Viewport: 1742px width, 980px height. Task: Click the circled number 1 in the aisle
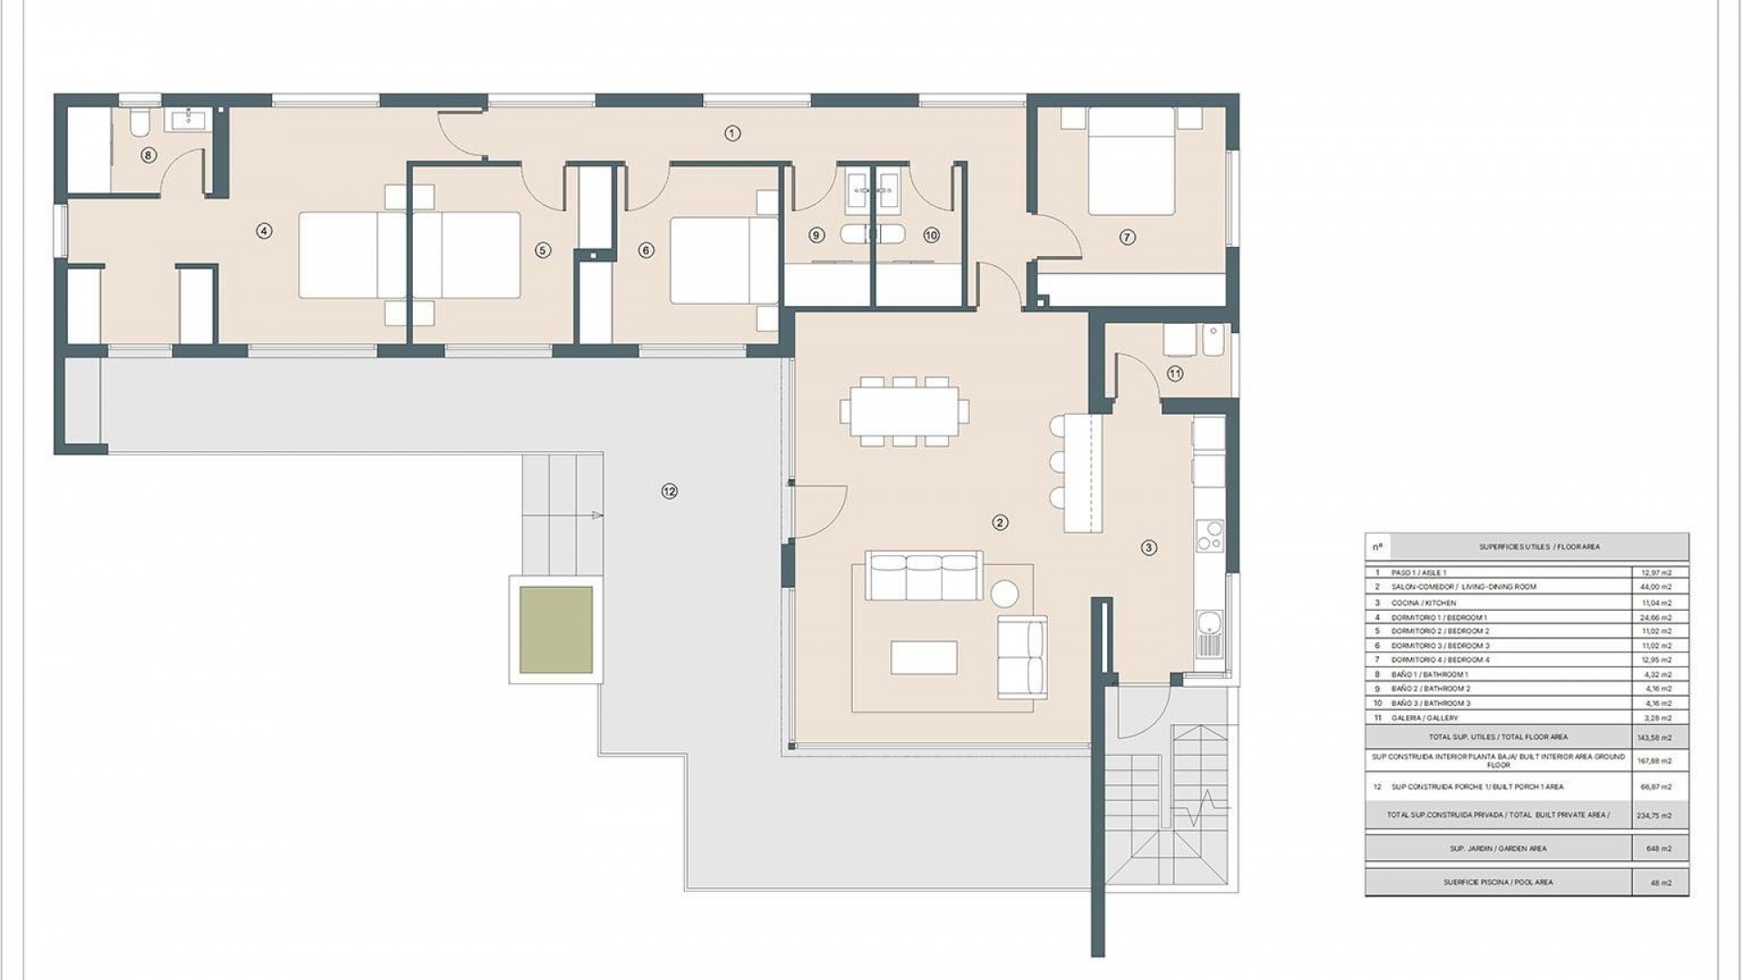pyautogui.click(x=732, y=133)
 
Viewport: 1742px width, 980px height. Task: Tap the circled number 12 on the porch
pyautogui.click(x=670, y=491)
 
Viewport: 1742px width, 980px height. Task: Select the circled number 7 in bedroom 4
pyautogui.click(x=1127, y=237)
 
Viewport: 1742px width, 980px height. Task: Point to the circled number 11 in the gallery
pyautogui.click(x=1175, y=373)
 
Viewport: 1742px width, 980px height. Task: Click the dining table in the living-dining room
pyautogui.click(x=904, y=411)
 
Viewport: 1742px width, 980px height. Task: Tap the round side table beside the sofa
pyautogui.click(x=1004, y=593)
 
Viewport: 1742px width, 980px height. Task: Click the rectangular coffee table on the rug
pyautogui.click(x=924, y=658)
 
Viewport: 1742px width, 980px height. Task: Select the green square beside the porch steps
pyautogui.click(x=556, y=630)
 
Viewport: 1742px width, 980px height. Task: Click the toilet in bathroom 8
pyautogui.click(x=141, y=123)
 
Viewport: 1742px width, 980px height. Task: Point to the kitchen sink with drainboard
pyautogui.click(x=1209, y=632)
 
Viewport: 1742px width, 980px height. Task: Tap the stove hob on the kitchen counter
pyautogui.click(x=1209, y=535)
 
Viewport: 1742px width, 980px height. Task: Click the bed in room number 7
pyautogui.click(x=1131, y=162)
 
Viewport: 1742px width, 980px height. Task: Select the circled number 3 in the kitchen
pyautogui.click(x=1149, y=547)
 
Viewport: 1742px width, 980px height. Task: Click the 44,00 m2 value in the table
pyautogui.click(x=1659, y=587)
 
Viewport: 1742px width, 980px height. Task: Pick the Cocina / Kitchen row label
pyautogui.click(x=1424, y=603)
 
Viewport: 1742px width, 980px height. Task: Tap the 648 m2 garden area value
pyautogui.click(x=1659, y=848)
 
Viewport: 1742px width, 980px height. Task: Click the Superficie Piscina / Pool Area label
pyautogui.click(x=1498, y=882)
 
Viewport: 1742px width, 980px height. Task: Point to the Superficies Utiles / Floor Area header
pyautogui.click(x=1540, y=547)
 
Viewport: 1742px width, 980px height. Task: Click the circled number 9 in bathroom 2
pyautogui.click(x=816, y=235)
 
